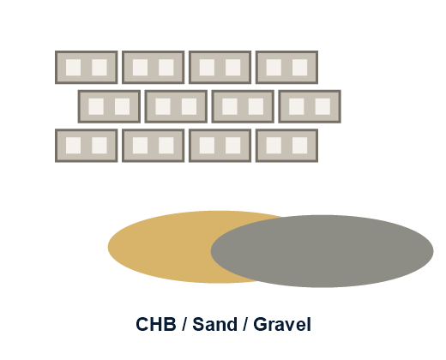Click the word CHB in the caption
point(156,324)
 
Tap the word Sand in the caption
point(214,324)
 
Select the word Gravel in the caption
point(282,324)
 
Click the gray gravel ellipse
point(322,251)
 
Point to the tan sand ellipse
point(160,247)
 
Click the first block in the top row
point(87,68)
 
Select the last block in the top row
point(286,68)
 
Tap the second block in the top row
point(154,68)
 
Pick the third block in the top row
point(220,68)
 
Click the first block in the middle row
point(109,106)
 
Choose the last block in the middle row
point(310,106)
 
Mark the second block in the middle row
point(176,106)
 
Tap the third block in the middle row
point(243,106)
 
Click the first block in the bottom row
point(87,146)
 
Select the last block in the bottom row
point(286,146)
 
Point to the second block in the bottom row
point(154,146)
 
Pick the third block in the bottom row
point(220,146)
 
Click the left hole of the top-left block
point(73,68)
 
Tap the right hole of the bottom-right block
point(300,146)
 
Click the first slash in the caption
point(184,324)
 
